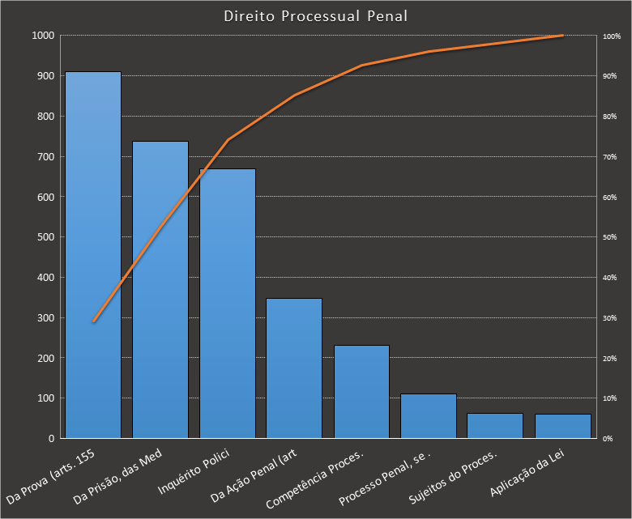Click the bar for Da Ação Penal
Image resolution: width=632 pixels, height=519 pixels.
(x=294, y=368)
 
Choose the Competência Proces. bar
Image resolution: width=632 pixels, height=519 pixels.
(x=361, y=392)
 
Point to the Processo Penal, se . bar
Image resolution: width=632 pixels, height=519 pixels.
(x=429, y=416)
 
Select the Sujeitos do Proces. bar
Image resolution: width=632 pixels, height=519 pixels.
(x=495, y=426)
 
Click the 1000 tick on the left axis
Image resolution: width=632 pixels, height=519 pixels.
(x=43, y=36)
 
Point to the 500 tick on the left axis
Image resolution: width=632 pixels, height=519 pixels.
(x=45, y=237)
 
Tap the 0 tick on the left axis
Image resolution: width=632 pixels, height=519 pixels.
(x=51, y=439)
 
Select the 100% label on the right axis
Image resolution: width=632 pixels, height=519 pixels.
(x=612, y=36)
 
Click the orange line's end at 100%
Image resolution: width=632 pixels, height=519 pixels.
(x=562, y=36)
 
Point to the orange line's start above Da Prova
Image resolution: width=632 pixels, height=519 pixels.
(x=93, y=321)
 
